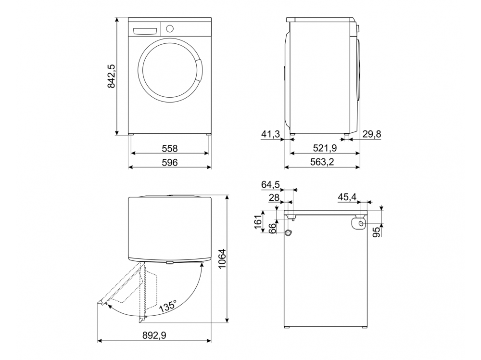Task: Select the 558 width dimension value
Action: [170, 148]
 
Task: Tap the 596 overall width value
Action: [170, 163]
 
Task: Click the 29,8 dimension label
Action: [371, 134]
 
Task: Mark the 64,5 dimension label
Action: [271, 184]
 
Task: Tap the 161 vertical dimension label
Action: [258, 222]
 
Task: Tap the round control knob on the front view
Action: [169, 28]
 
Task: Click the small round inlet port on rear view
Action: [288, 233]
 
